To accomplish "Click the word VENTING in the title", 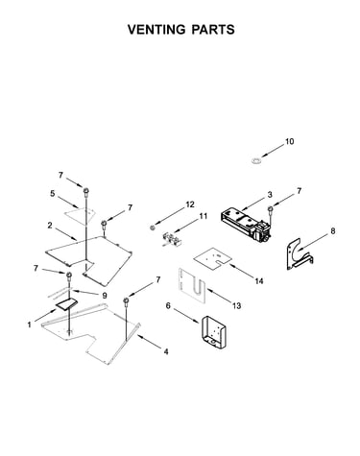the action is pos(156,30).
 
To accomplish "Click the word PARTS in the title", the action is pos(213,30).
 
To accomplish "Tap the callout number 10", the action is pos(289,141).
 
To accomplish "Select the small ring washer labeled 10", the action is pos(255,160).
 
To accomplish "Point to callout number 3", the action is pos(270,194).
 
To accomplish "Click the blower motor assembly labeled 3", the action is pos(246,225).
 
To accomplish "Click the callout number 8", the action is pos(333,230).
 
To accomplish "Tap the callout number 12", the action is pos(190,204).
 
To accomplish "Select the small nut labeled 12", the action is pos(153,228).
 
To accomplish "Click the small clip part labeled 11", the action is pos(170,240).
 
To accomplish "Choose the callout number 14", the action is pos(259,280).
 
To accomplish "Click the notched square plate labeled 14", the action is pos(213,257).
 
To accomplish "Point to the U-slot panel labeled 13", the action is pos(193,285).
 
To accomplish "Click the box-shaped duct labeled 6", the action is pos(213,332).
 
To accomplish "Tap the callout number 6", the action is pos(168,305).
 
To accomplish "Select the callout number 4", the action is pos(166,351).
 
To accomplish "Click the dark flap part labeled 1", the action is pos(67,303).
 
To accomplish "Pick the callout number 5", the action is pos(52,193).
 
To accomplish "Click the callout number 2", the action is pos(50,225).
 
